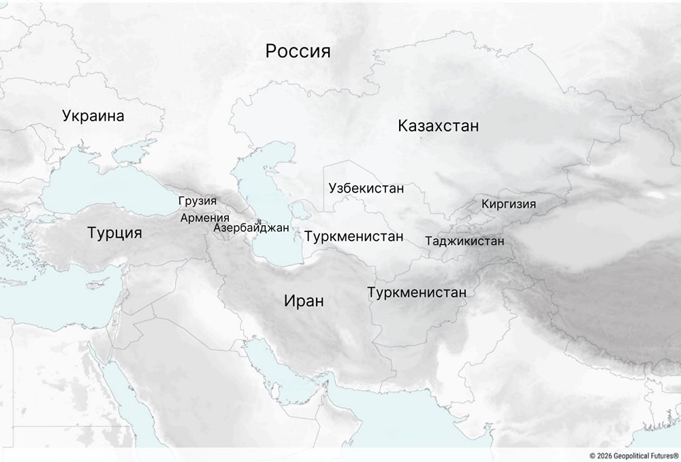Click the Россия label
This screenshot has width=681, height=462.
(298, 52)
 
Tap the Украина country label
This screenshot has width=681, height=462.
(93, 116)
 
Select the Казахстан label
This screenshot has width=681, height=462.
(439, 126)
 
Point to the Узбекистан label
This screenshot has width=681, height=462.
(366, 188)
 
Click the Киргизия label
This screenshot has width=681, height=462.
(508, 204)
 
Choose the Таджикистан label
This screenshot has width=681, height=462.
(464, 241)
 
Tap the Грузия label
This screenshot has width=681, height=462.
(197, 201)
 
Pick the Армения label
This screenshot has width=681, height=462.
(205, 218)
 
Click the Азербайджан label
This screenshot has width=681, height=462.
(251, 228)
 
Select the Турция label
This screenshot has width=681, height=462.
(115, 233)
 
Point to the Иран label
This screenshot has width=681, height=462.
(304, 301)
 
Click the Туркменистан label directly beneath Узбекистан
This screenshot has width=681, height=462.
(354, 237)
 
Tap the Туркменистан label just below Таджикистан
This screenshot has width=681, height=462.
(417, 293)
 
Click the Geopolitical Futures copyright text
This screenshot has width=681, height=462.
(634, 455)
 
